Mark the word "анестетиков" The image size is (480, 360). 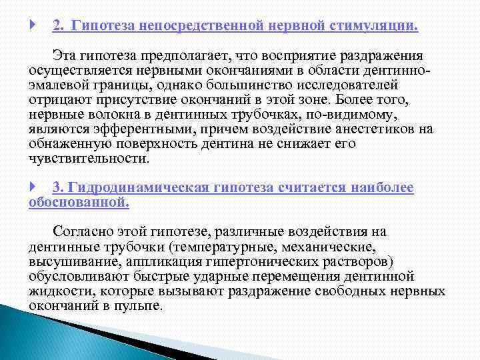coord(377,129)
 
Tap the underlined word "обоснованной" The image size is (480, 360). coord(79,203)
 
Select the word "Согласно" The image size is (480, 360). coord(81,232)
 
